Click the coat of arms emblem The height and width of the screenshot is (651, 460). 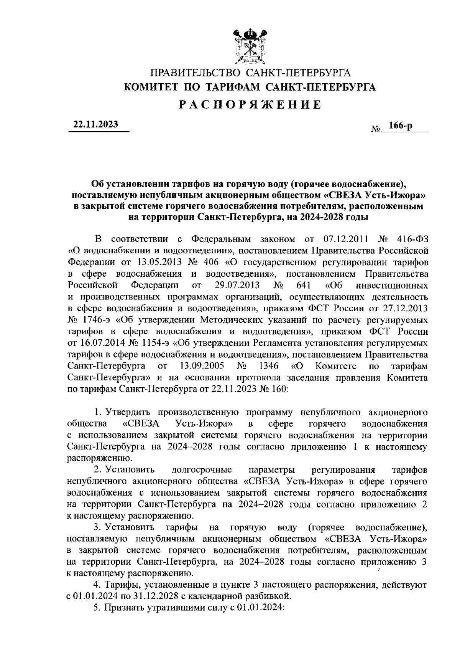coord(250,46)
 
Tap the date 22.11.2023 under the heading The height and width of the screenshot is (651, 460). coord(96,125)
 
